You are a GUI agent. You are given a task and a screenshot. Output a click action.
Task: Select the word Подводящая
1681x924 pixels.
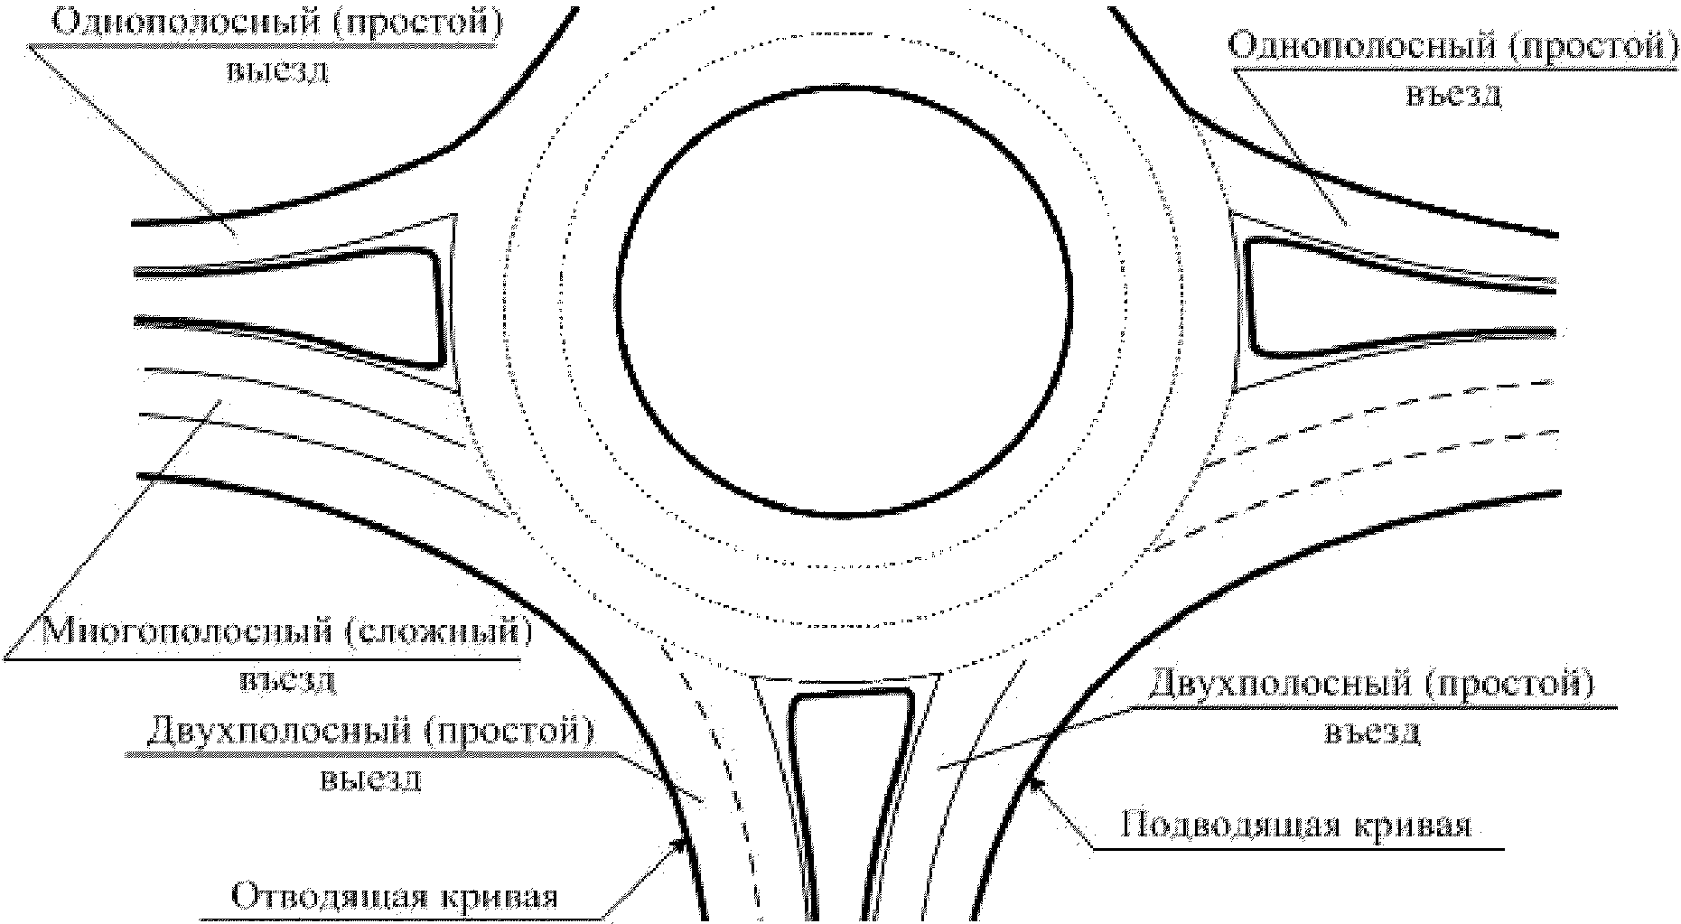point(1220,826)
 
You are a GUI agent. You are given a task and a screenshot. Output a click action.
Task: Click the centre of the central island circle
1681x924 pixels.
point(845,303)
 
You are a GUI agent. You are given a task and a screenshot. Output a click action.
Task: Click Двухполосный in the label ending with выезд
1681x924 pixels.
point(275,730)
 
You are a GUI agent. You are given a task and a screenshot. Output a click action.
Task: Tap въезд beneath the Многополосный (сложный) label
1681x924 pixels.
point(289,679)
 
